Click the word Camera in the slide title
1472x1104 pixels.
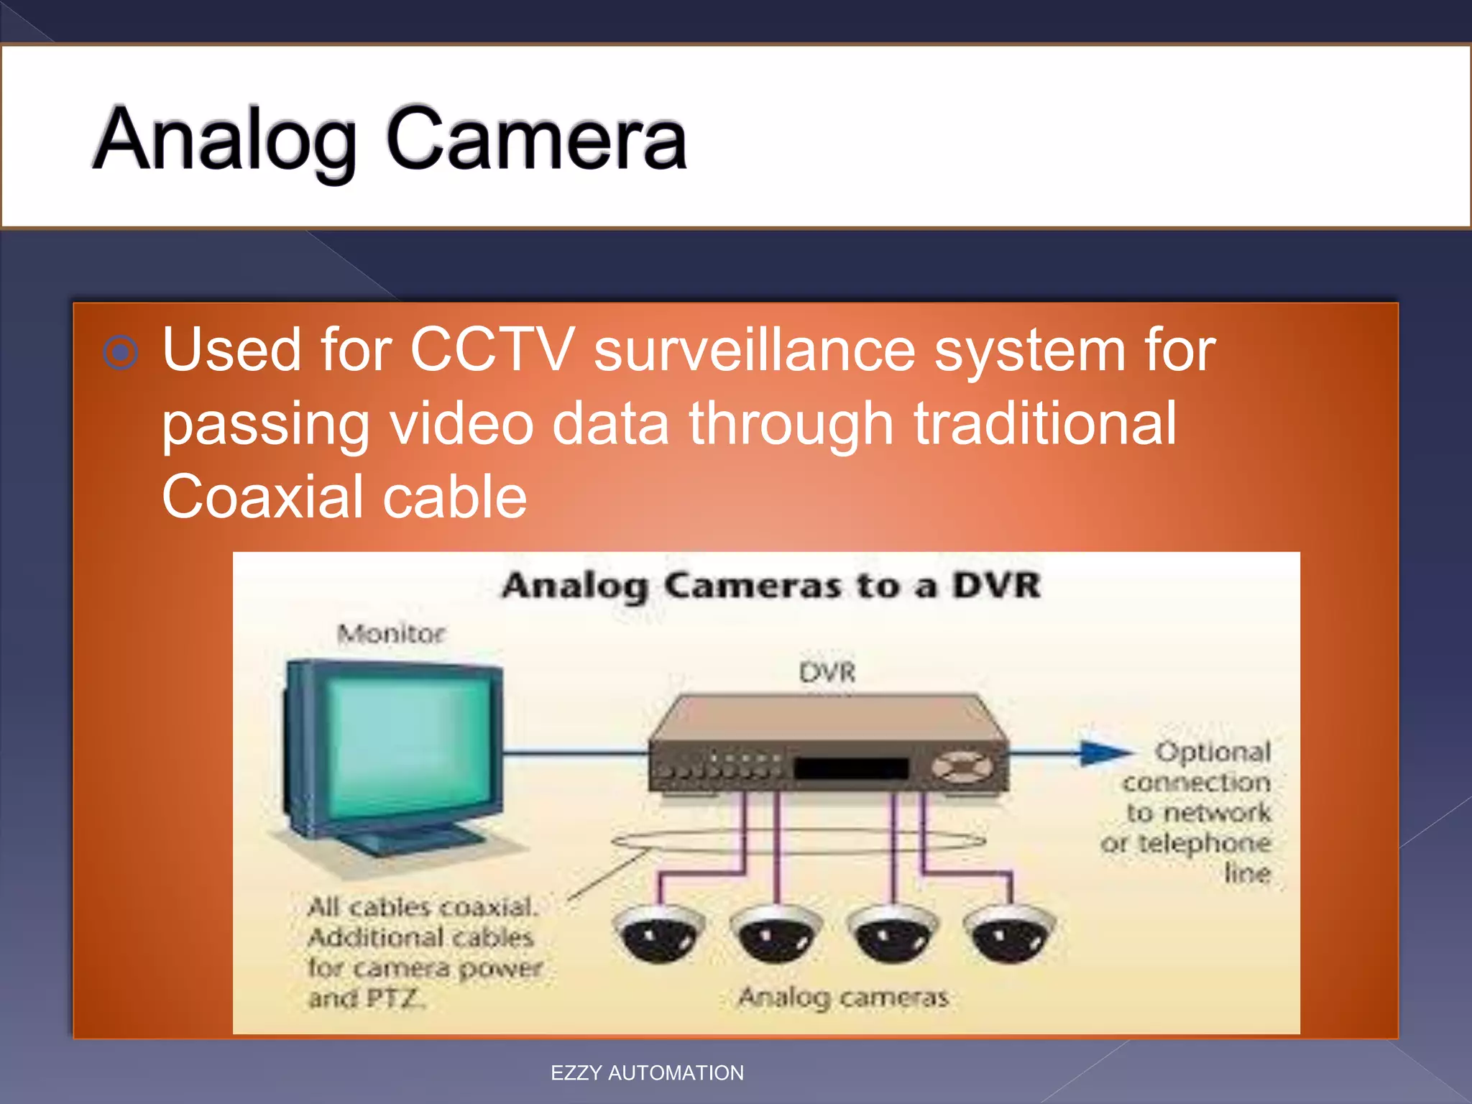536,139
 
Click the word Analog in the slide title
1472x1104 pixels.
224,139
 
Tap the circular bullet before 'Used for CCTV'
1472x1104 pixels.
120,352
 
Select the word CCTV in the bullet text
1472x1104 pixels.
492,350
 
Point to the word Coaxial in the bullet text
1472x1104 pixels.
262,497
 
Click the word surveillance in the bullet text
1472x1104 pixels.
754,350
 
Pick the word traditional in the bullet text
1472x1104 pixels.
1045,423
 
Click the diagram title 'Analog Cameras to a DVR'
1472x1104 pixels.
771,585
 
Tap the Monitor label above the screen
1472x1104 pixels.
391,634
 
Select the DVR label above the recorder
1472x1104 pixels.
827,673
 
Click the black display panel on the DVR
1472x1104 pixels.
851,768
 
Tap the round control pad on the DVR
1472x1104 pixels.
962,767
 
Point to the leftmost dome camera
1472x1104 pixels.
657,934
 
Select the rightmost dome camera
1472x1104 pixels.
1009,934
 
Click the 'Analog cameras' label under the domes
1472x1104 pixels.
844,997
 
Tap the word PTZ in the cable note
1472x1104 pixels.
393,998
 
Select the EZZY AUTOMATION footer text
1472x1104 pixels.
647,1073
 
